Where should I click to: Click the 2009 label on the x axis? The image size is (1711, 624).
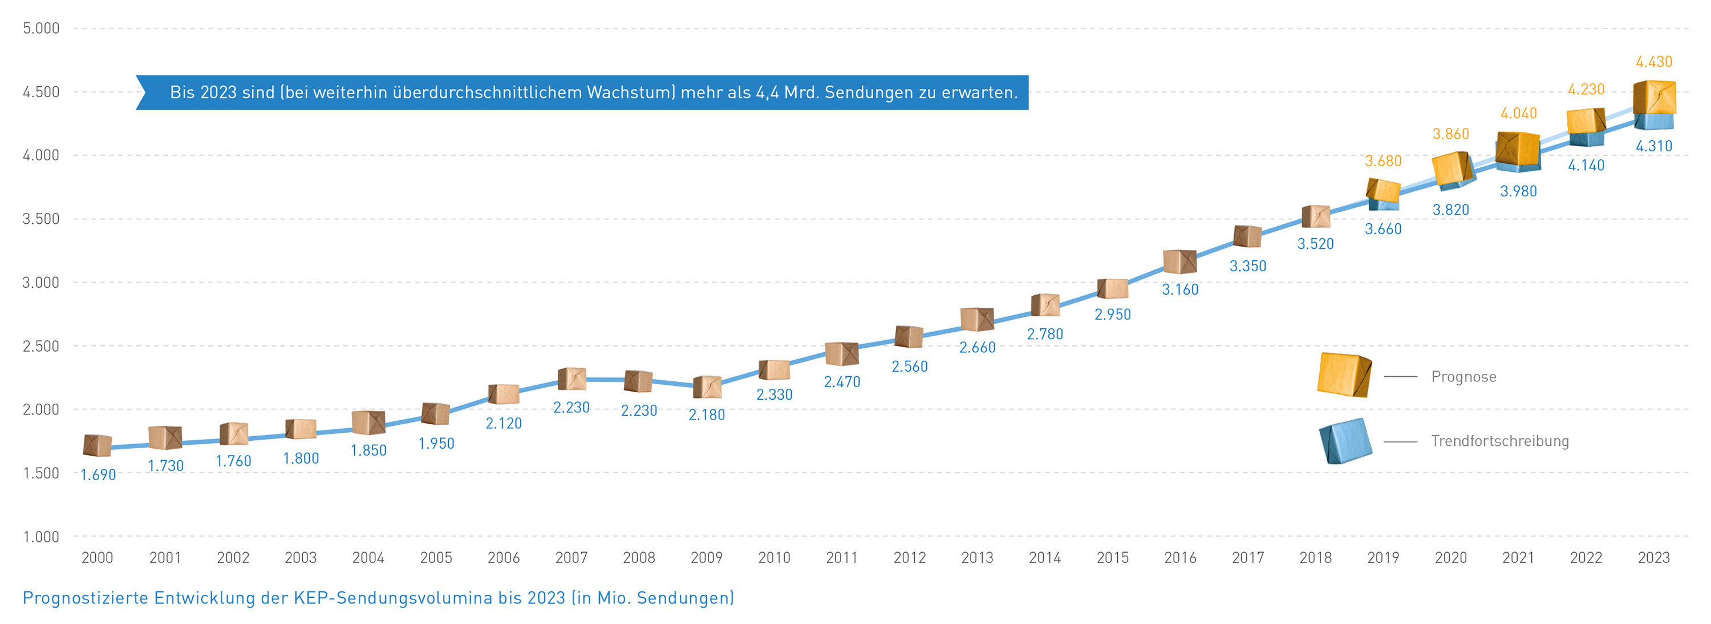[x=706, y=558]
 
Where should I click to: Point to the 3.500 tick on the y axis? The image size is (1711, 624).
[x=40, y=219]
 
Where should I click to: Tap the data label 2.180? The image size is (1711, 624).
[x=706, y=414]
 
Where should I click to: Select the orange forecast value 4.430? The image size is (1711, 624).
[x=1653, y=62]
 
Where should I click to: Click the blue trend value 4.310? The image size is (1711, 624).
[x=1653, y=146]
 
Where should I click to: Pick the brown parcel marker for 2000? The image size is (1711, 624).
[x=98, y=445]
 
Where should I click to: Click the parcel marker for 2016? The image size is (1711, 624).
[x=1179, y=262]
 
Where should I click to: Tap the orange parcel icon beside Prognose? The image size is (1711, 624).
[x=1344, y=375]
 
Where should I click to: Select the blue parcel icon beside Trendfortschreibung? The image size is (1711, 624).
[x=1345, y=440]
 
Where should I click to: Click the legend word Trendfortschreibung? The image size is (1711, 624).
[x=1500, y=441]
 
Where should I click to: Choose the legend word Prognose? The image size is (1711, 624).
[x=1463, y=377]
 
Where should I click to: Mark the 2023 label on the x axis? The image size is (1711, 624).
[x=1653, y=558]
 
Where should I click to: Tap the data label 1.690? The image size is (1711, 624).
[x=98, y=474]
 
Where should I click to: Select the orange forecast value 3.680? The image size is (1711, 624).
[x=1383, y=161]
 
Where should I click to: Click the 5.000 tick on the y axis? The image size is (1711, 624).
[x=40, y=28]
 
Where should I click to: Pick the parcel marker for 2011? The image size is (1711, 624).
[x=842, y=353]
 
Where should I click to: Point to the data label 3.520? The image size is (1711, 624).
[x=1315, y=244]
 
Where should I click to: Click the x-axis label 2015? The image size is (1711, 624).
[x=1112, y=558]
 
